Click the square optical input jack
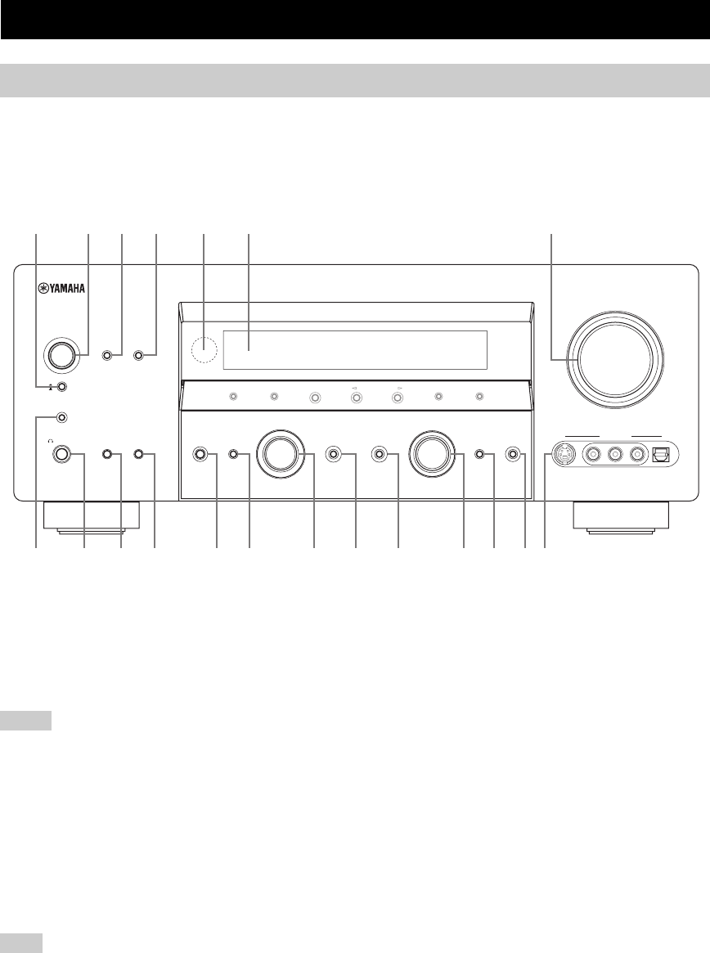pyautogui.click(x=659, y=454)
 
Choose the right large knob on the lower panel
pyautogui.click(x=432, y=454)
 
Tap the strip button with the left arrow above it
pyautogui.click(x=356, y=398)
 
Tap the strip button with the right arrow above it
pyautogui.click(x=397, y=398)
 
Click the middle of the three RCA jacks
pyautogui.click(x=613, y=454)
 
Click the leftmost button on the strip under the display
pyautogui.click(x=233, y=398)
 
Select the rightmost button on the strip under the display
pyautogui.click(x=479, y=398)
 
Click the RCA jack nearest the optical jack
pyautogui.click(x=634, y=454)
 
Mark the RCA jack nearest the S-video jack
pyautogui.click(x=591, y=454)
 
